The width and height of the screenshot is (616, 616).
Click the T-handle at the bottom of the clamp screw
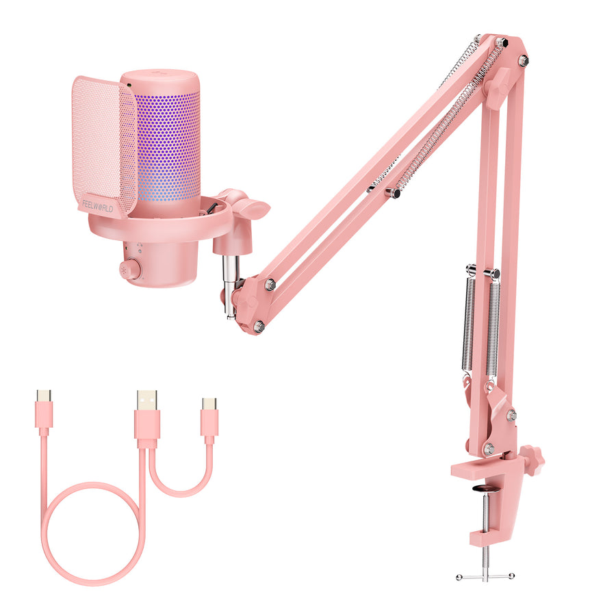click(484, 577)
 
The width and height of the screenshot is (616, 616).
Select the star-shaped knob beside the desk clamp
click(531, 459)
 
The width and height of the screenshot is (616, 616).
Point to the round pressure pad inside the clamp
click(484, 488)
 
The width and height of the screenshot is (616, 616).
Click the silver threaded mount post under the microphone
click(230, 281)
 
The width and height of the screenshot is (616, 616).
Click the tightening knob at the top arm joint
click(498, 86)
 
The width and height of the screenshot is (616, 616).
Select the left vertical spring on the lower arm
click(469, 322)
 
